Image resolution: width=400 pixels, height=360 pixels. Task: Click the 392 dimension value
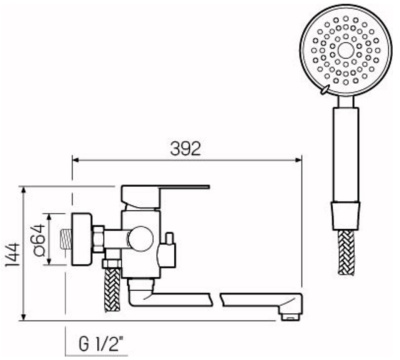pos(186,149)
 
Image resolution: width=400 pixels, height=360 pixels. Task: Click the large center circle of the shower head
pos(345,51)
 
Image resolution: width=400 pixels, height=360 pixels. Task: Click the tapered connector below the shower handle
pos(345,216)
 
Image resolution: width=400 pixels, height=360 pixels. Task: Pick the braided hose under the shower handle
pos(346,252)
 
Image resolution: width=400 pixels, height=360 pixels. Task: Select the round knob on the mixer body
pos(140,239)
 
